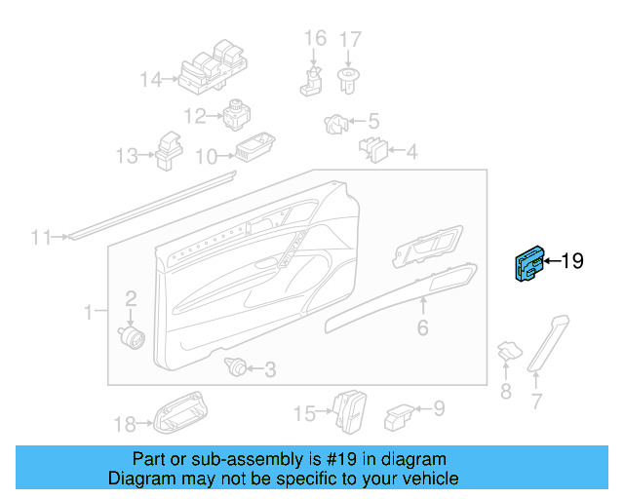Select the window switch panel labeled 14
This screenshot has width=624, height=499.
pyautogui.click(x=211, y=69)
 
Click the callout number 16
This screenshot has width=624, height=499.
pyautogui.click(x=315, y=39)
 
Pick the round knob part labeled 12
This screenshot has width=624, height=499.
pyautogui.click(x=237, y=115)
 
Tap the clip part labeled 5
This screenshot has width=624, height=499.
pyautogui.click(x=333, y=124)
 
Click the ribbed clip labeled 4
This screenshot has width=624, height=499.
pyautogui.click(x=373, y=148)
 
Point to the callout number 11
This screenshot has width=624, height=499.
pyautogui.click(x=39, y=237)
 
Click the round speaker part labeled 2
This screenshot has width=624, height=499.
pyautogui.click(x=131, y=335)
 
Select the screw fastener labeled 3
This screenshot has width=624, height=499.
pyautogui.click(x=234, y=367)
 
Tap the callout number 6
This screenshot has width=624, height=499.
pyautogui.click(x=422, y=328)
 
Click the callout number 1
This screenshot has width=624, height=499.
pyautogui.click(x=87, y=313)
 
